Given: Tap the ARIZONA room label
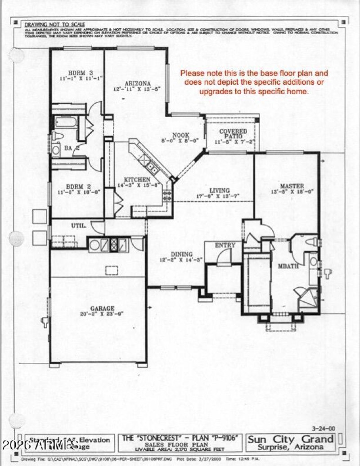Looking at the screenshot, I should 135,83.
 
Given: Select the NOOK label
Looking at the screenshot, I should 181,135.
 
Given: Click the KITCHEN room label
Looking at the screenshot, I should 136,179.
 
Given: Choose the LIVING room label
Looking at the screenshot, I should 219,190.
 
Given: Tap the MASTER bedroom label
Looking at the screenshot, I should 292,186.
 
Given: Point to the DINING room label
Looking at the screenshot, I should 181,254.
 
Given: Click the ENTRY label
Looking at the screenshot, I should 225,245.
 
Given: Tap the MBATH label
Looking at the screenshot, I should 288,266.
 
